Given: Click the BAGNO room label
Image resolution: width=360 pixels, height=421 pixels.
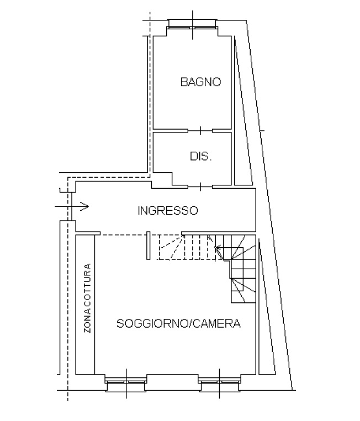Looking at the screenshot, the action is (x=200, y=82).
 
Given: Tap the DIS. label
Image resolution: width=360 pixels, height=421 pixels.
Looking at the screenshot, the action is (x=201, y=156).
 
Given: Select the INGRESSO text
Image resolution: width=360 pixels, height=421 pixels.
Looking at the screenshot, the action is (x=168, y=211).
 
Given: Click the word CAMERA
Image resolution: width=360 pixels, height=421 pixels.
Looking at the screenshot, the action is (x=216, y=323).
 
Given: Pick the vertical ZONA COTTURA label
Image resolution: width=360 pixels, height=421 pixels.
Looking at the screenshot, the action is (x=88, y=299).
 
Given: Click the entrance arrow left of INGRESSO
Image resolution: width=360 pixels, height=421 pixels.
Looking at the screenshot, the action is (x=72, y=206).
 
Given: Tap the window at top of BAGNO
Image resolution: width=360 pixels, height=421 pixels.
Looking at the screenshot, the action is (x=192, y=27).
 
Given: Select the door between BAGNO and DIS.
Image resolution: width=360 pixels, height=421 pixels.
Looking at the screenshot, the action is (x=200, y=131).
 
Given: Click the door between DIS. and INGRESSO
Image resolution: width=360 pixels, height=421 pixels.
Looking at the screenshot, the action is (x=200, y=186).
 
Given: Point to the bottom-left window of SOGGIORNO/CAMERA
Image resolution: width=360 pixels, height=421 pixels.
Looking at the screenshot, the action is (x=126, y=382).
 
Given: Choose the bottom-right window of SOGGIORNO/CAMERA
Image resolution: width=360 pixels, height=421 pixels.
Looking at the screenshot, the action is (x=219, y=382).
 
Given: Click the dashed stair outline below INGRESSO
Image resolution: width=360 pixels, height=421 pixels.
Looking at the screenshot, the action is (x=188, y=260).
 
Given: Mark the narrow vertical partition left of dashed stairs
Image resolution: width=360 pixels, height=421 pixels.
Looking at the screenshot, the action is (x=149, y=246).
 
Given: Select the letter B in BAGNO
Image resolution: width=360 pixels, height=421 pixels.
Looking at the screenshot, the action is (x=184, y=82).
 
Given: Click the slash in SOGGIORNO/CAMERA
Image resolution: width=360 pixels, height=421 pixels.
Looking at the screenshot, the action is (x=190, y=323).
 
